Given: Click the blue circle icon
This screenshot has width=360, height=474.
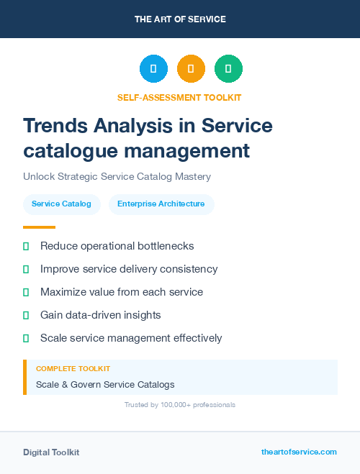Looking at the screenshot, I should click(x=153, y=69).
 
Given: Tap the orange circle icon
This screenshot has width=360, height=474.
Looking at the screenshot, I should click(x=191, y=69).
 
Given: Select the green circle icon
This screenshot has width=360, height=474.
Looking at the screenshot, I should click(x=228, y=69).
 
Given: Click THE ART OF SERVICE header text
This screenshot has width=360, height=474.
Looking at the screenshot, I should click(x=180, y=19).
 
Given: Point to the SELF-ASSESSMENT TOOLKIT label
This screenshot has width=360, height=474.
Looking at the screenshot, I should click(x=179, y=97).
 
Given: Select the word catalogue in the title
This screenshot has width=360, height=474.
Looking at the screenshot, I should click(x=69, y=151).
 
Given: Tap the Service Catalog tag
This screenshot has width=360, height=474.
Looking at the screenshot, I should click(x=61, y=204).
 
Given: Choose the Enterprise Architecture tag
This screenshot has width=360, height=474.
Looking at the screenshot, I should click(x=161, y=204).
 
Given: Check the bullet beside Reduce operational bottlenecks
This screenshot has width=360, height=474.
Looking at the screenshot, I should click(x=26, y=247).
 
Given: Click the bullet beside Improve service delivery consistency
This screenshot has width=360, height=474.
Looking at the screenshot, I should click(x=26, y=270).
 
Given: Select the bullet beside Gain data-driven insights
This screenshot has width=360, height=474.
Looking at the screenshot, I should click(x=26, y=315).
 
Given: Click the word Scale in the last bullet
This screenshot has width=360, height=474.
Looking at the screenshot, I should click(x=53, y=338).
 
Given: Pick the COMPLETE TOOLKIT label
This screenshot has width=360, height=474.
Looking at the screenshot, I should click(x=73, y=368).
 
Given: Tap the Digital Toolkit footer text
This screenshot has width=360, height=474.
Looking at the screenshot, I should click(x=51, y=452).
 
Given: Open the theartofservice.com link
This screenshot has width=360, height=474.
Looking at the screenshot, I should click(x=299, y=452).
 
